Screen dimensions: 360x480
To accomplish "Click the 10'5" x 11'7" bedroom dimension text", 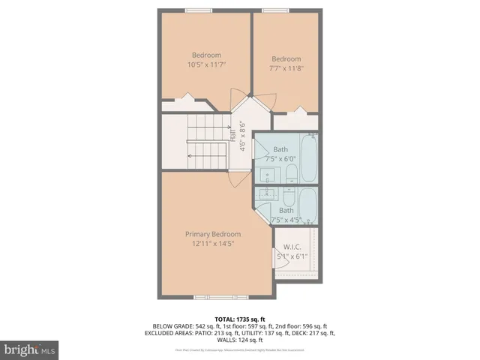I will [x=206, y=65].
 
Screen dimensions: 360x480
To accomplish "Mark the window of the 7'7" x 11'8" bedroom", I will [x=276, y=10].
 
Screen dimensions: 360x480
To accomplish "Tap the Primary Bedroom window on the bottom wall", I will [x=211, y=297].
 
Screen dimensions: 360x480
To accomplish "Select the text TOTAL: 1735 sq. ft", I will [x=239, y=319].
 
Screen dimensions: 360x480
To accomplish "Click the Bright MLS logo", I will [x=29, y=349].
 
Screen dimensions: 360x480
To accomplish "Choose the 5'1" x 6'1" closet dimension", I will [x=292, y=256].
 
